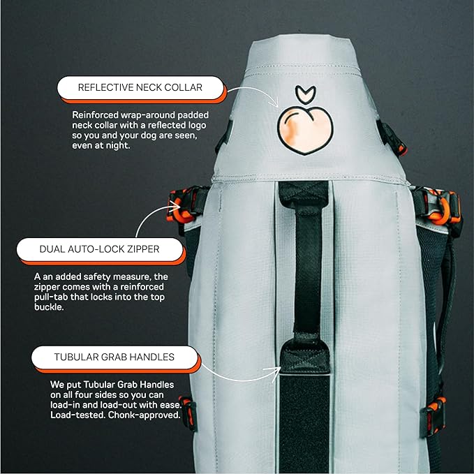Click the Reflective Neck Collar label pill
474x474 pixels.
(x=139, y=88)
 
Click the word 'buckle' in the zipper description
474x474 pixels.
(x=50, y=307)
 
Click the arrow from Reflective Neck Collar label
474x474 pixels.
(x=251, y=94)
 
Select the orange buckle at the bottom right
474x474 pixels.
(x=436, y=408)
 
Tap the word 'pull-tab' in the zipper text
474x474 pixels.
(x=56, y=297)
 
